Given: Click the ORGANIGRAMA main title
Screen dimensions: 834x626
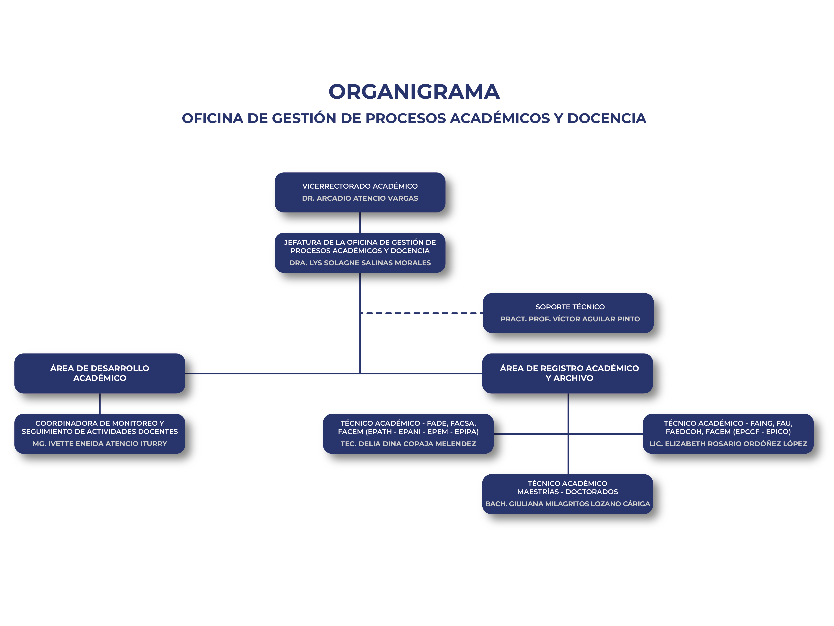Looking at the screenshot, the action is click(414, 92).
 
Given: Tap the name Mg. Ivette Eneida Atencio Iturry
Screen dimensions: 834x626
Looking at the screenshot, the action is click(99, 443).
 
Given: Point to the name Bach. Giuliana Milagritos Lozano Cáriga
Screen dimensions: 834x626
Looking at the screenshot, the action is click(567, 504).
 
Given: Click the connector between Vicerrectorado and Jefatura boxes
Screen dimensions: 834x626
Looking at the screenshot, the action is click(360, 223).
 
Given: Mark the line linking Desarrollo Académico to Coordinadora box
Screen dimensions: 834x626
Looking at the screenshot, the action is click(99, 404).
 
